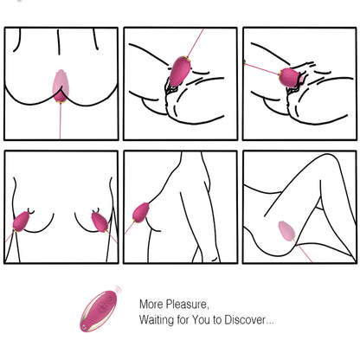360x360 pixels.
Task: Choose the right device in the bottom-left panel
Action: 98,222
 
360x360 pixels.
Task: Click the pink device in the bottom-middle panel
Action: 142,214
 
